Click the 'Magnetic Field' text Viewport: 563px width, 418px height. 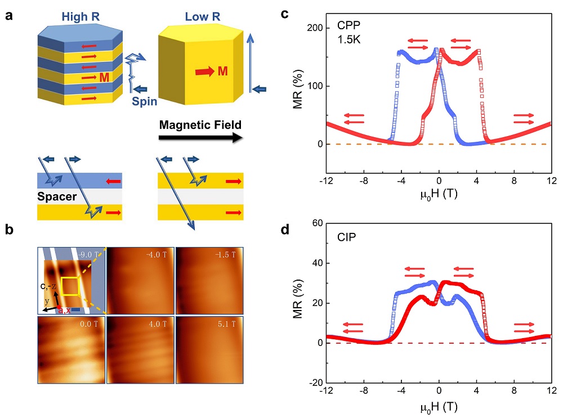[197, 125]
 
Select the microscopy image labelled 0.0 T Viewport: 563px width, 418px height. [72, 350]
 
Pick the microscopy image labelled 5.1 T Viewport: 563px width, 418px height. [209, 350]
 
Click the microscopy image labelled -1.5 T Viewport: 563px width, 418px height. [209, 280]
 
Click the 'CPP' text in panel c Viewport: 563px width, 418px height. [348, 25]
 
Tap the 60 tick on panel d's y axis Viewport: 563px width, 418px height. [316, 223]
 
